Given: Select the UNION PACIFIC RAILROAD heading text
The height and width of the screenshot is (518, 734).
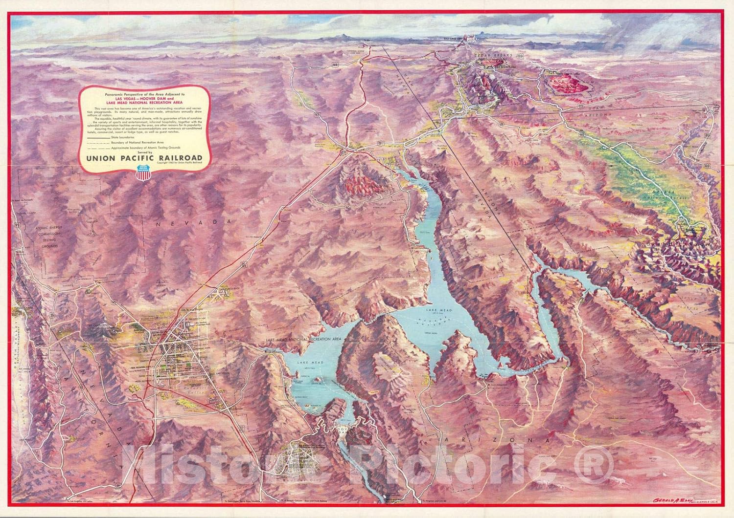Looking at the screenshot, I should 145,157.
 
